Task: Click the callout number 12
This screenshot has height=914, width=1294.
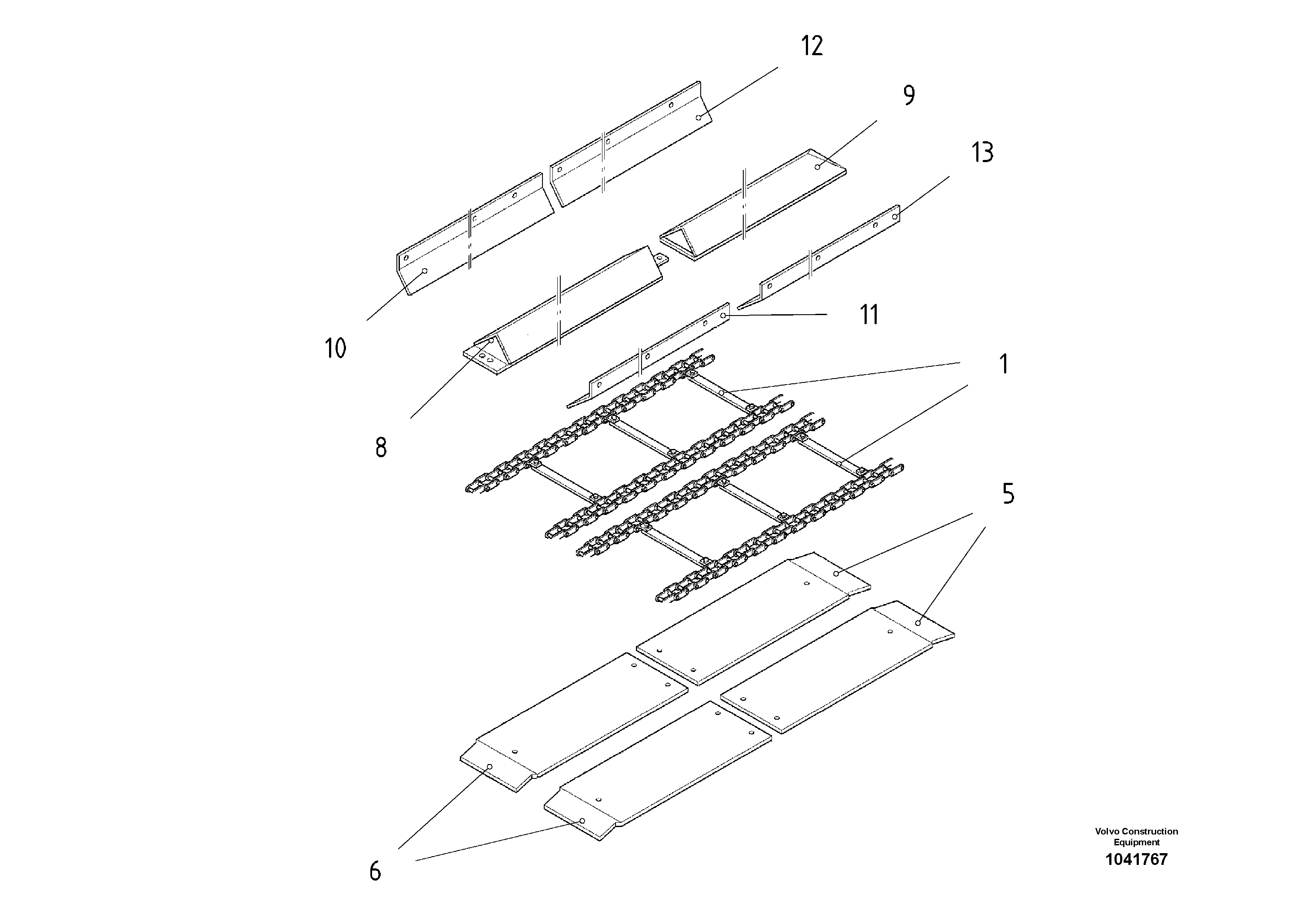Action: (812, 46)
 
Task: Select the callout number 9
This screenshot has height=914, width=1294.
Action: (908, 95)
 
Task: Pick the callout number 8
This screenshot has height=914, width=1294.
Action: (381, 448)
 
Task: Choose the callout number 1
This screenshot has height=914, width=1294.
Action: (1003, 364)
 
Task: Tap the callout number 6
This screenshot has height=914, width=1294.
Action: (375, 871)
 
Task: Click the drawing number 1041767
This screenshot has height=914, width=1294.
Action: (1136, 859)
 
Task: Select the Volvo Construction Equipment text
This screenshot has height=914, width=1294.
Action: (1136, 836)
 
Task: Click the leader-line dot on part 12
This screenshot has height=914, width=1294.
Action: (698, 117)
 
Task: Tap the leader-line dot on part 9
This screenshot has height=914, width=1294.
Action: (817, 167)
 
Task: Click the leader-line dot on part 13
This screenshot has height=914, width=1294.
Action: (894, 216)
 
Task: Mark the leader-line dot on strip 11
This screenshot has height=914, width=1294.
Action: (724, 316)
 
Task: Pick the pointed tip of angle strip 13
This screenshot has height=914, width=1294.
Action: (740, 308)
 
